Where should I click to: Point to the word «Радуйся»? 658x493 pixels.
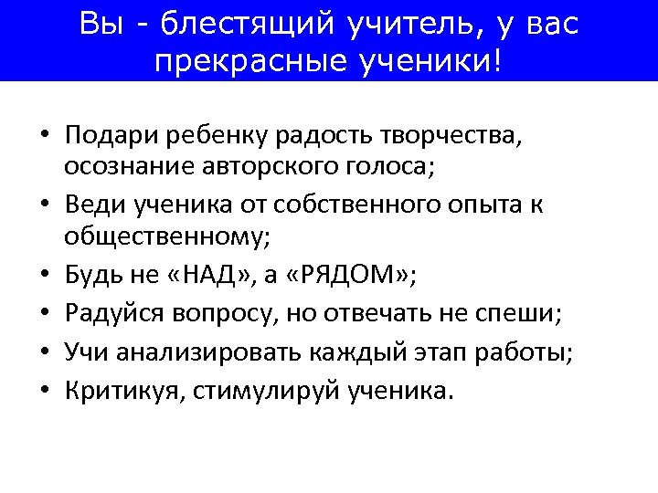(116, 314)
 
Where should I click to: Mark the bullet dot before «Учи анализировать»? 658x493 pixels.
(44, 353)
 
